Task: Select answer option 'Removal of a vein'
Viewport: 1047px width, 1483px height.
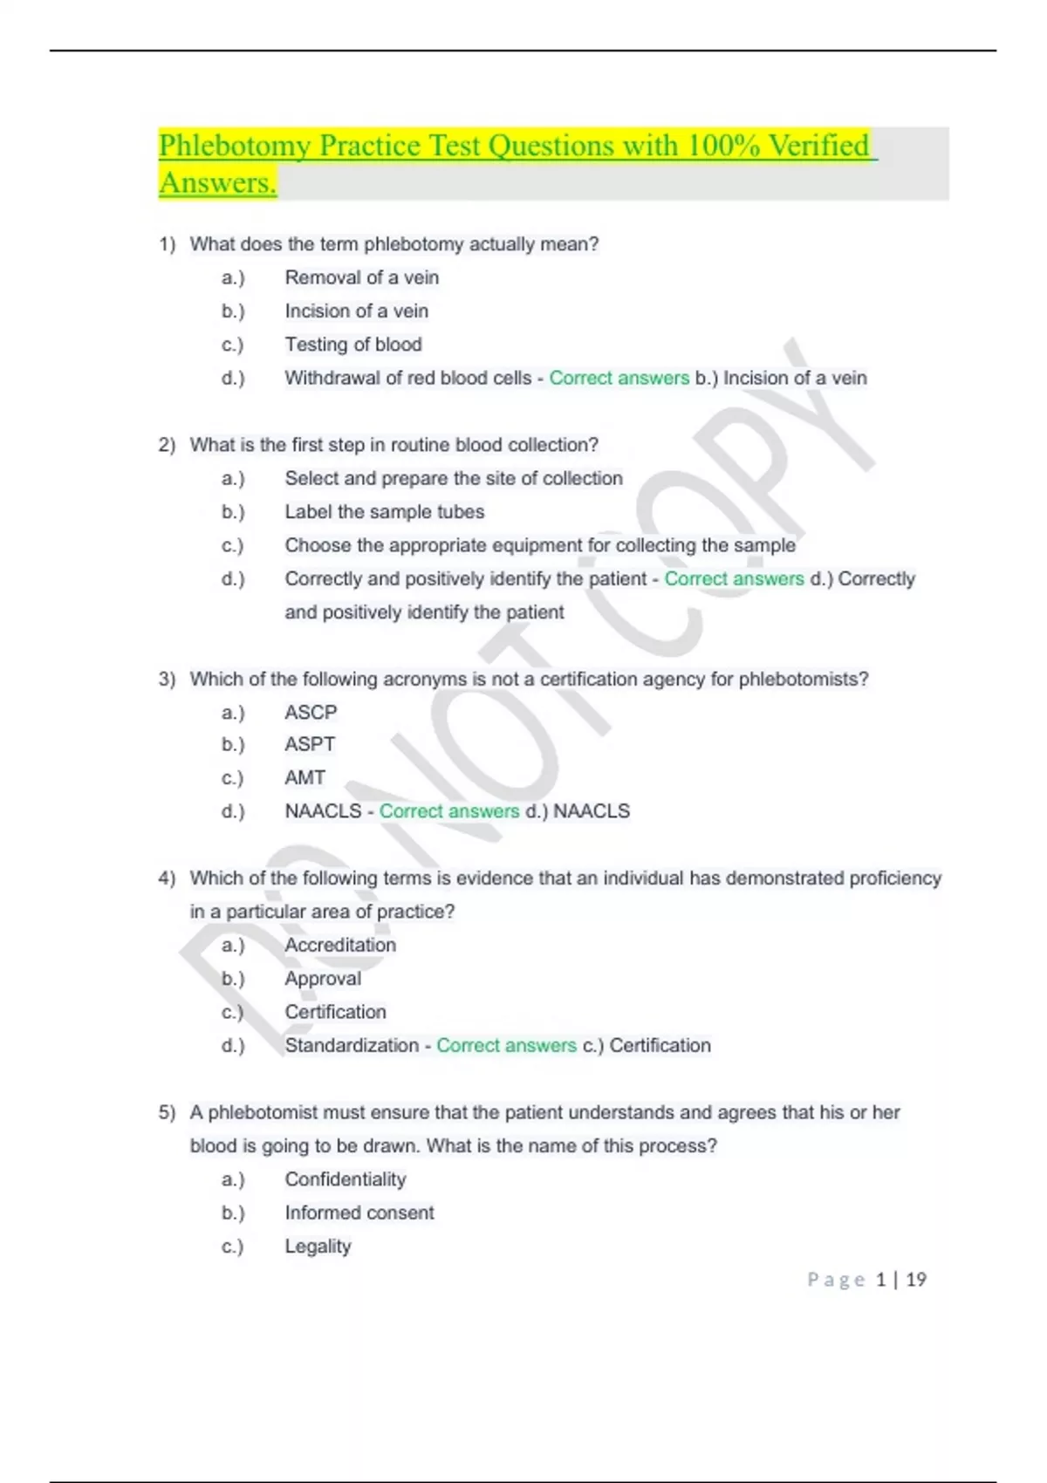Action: [361, 277]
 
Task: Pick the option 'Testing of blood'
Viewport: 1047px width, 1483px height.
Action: [352, 345]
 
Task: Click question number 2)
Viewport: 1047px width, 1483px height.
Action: [167, 445]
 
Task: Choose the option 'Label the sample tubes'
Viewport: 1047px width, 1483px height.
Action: [384, 512]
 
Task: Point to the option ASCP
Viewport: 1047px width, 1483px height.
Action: [311, 712]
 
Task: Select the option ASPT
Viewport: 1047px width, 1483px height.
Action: [310, 744]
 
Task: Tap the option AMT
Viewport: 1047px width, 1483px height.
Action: [305, 777]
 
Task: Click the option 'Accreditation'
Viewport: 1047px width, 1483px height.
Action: [340, 945]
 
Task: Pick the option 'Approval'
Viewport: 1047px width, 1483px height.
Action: [322, 979]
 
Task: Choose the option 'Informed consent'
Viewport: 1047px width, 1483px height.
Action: [359, 1213]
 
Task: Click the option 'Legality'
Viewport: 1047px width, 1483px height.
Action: [318, 1246]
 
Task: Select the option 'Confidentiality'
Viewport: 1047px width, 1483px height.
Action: [345, 1179]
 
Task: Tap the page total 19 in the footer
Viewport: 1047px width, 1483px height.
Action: [916, 1280]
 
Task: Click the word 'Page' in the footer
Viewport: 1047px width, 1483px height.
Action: [836, 1280]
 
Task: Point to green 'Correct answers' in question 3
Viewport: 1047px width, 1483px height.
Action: [448, 811]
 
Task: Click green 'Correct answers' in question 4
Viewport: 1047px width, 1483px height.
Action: [506, 1045]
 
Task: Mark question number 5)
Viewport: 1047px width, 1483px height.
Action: [167, 1112]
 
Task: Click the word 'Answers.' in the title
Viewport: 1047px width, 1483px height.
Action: [217, 183]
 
